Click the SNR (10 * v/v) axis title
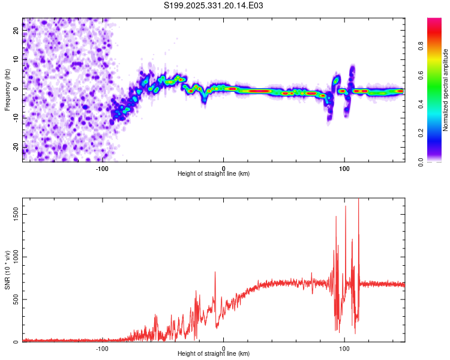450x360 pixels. click(x=7, y=269)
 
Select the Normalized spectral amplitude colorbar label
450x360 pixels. click(x=446, y=90)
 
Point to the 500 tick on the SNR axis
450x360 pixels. click(x=15, y=299)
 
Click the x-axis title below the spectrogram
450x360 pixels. click(x=214, y=173)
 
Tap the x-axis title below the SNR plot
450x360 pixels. click(x=214, y=354)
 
